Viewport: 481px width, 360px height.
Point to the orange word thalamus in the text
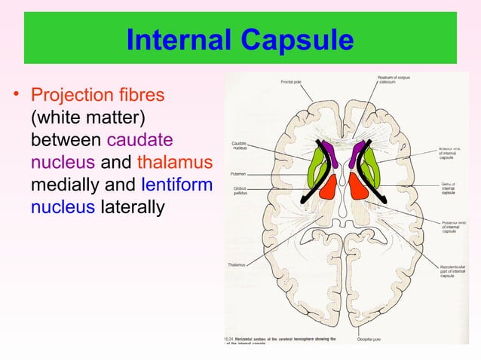click(x=175, y=162)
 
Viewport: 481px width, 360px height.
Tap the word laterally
click(x=131, y=206)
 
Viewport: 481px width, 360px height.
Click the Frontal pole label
click(x=292, y=81)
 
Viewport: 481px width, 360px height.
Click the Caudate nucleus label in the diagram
click(x=242, y=145)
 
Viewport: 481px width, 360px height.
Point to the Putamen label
click(x=240, y=173)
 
